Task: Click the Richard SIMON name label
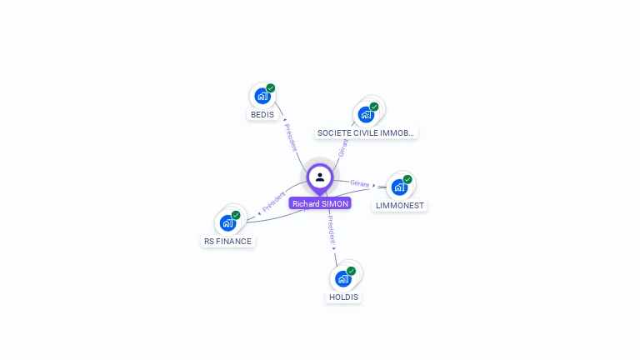point(320,203)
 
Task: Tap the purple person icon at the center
point(320,177)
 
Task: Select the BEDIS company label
point(262,114)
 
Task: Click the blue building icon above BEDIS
point(262,96)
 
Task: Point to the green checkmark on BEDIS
point(271,88)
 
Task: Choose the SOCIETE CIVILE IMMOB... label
point(366,132)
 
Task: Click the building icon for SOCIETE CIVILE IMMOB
point(365,114)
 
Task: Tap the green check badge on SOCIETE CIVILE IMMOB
point(374,107)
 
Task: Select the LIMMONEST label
point(401,205)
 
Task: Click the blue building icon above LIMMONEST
point(399,187)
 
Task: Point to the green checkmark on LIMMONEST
point(407,179)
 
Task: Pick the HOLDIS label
point(343,297)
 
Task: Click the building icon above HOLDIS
point(342,278)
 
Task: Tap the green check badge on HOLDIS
point(352,271)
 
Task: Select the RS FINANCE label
point(227,242)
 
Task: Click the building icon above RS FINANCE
point(227,222)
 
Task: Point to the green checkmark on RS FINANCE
point(236,215)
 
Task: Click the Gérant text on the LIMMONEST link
point(360,183)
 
